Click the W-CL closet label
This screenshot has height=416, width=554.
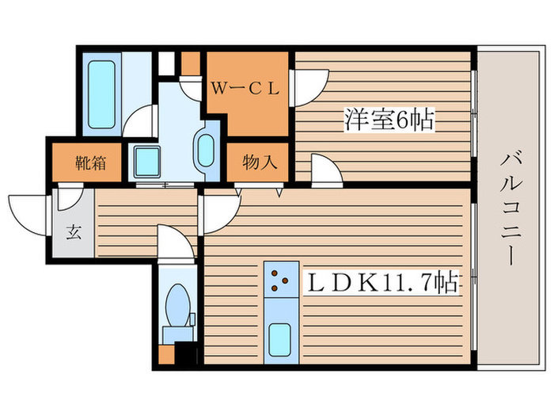(245, 89)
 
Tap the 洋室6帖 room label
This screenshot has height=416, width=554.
(389, 120)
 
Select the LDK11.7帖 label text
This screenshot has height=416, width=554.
(379, 283)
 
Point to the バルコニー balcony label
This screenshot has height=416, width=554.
(510, 209)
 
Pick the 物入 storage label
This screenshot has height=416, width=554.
(259, 163)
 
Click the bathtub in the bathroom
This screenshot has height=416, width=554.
(101, 92)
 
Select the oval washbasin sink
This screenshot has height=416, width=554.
(205, 150)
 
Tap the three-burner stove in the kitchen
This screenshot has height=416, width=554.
(278, 279)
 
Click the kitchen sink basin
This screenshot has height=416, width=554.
(279, 339)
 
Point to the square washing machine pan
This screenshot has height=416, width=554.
(146, 162)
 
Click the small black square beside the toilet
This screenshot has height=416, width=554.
(184, 354)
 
